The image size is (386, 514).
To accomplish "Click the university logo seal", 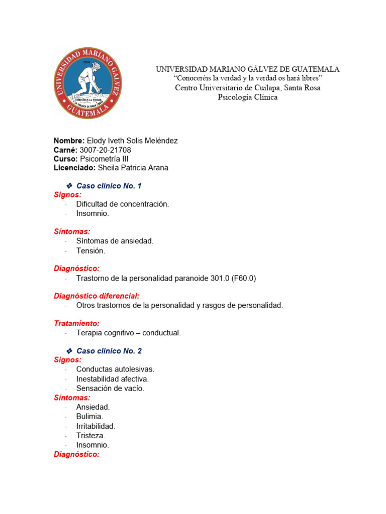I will [x=88, y=83].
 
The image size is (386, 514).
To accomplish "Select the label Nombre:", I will [x=69, y=141].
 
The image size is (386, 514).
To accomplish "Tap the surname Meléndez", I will [x=160, y=141].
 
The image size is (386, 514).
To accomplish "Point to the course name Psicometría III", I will [x=107, y=159].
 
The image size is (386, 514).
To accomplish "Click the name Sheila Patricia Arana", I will [x=133, y=168].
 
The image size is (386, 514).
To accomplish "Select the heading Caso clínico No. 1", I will [x=109, y=186].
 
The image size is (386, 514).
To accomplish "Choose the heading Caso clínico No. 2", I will [x=109, y=351].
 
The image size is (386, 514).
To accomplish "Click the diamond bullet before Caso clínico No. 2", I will [x=70, y=351].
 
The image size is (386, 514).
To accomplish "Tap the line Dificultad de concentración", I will [x=123, y=204].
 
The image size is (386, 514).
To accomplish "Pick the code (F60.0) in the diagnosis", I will [x=244, y=278].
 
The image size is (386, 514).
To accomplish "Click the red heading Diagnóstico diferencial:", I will [x=96, y=296].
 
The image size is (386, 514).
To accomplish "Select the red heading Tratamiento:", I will [x=77, y=324].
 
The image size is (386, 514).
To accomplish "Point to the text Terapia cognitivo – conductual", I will [x=128, y=333].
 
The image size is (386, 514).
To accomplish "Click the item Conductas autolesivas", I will [x=115, y=369].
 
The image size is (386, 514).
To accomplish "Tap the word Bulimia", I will [x=89, y=417].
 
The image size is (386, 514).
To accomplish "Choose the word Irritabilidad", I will [x=95, y=426].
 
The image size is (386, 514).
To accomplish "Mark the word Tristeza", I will [x=90, y=436].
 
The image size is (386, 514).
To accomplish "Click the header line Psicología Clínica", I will [x=247, y=97].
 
